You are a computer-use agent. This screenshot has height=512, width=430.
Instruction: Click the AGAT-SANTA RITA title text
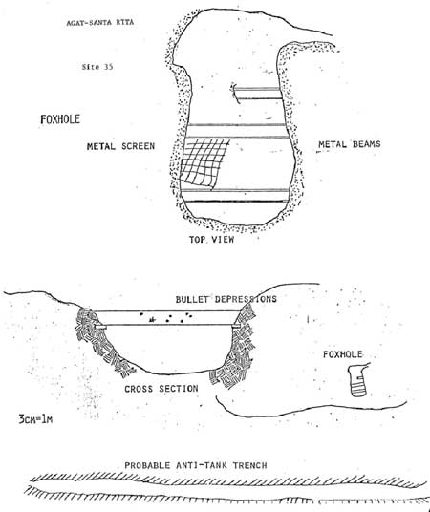(100, 23)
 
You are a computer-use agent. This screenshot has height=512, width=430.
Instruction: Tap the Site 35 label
(97, 67)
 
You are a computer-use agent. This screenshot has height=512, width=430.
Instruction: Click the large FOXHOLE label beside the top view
(60, 119)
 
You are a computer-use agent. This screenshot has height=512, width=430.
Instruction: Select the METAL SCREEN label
(120, 146)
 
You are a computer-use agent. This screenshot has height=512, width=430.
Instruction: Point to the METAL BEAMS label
(350, 144)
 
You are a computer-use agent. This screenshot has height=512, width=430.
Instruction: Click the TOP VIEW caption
(212, 240)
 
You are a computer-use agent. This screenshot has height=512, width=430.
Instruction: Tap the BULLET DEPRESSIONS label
(226, 299)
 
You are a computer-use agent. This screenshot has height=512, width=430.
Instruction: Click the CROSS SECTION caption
(161, 389)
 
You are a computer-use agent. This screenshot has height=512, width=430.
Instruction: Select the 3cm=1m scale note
(35, 418)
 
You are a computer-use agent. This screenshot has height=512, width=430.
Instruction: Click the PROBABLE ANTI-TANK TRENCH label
(196, 465)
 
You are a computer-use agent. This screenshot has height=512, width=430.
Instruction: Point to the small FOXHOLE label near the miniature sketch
(343, 354)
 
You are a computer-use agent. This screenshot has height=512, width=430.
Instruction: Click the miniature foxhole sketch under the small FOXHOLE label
(357, 380)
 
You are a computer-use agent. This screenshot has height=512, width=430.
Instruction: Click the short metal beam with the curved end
(257, 94)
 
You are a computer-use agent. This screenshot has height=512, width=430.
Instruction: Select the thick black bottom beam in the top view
(234, 201)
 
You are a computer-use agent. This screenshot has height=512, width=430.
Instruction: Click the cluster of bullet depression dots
(166, 318)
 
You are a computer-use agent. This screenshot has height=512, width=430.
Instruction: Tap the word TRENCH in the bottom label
(250, 465)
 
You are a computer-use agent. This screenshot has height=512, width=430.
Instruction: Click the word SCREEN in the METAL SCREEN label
(138, 146)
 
